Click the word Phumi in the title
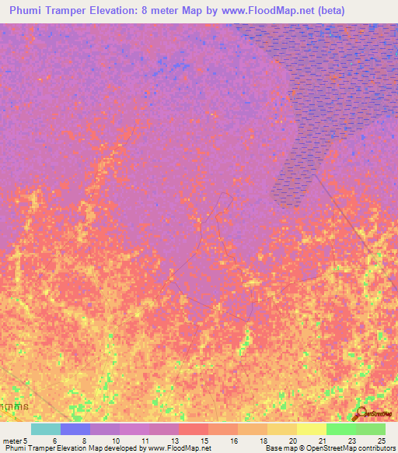click(x=30, y=11)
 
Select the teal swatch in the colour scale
click(x=46, y=429)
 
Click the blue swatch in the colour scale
click(x=75, y=429)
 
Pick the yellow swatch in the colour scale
click(x=311, y=429)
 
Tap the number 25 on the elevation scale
click(x=381, y=441)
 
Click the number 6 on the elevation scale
click(x=54, y=441)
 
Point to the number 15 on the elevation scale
click(x=204, y=441)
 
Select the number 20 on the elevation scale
click(x=292, y=441)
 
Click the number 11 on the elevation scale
click(x=145, y=441)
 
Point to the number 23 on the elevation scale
click(x=351, y=441)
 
